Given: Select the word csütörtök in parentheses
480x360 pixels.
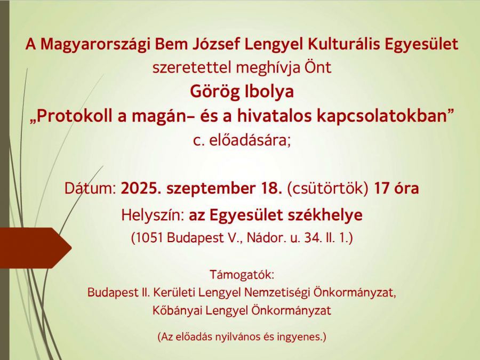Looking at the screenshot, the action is [327, 189].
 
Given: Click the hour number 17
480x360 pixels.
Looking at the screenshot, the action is [381, 189].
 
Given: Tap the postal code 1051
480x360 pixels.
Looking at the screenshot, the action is [148, 238].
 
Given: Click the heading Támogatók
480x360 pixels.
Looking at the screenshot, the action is [242, 275].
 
